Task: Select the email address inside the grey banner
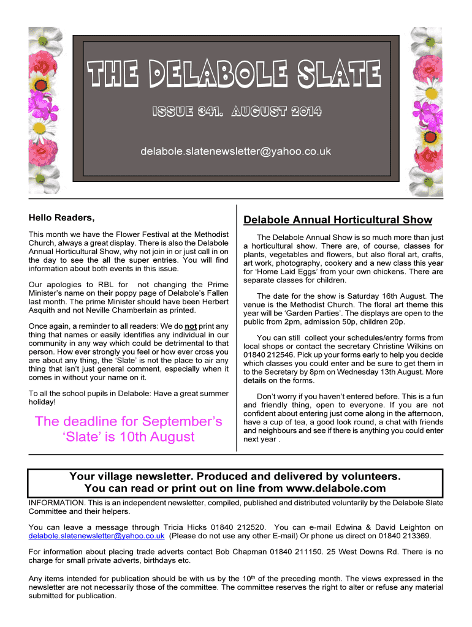(x=236, y=151)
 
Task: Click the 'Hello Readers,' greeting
(x=62, y=217)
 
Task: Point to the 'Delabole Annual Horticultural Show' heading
(x=338, y=220)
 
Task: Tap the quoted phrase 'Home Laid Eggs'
(x=278, y=271)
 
